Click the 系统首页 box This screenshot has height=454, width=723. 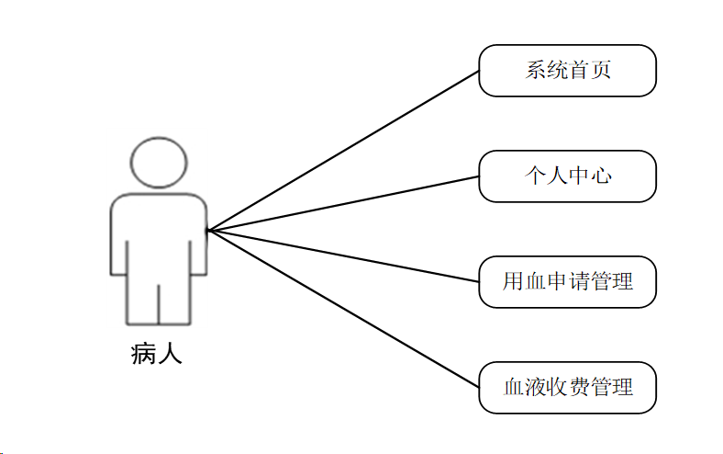(567, 71)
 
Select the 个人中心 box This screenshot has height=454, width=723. (567, 176)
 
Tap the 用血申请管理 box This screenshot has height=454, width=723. (568, 281)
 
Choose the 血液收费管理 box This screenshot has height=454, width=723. (568, 386)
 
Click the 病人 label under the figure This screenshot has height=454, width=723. (157, 354)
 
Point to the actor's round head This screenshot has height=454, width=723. (158, 163)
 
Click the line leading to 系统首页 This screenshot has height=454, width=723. (343, 151)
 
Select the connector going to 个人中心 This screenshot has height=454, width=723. (343, 203)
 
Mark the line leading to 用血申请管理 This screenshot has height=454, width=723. (343, 256)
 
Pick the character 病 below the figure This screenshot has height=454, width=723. (145, 354)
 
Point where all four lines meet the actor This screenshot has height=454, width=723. (208, 230)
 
